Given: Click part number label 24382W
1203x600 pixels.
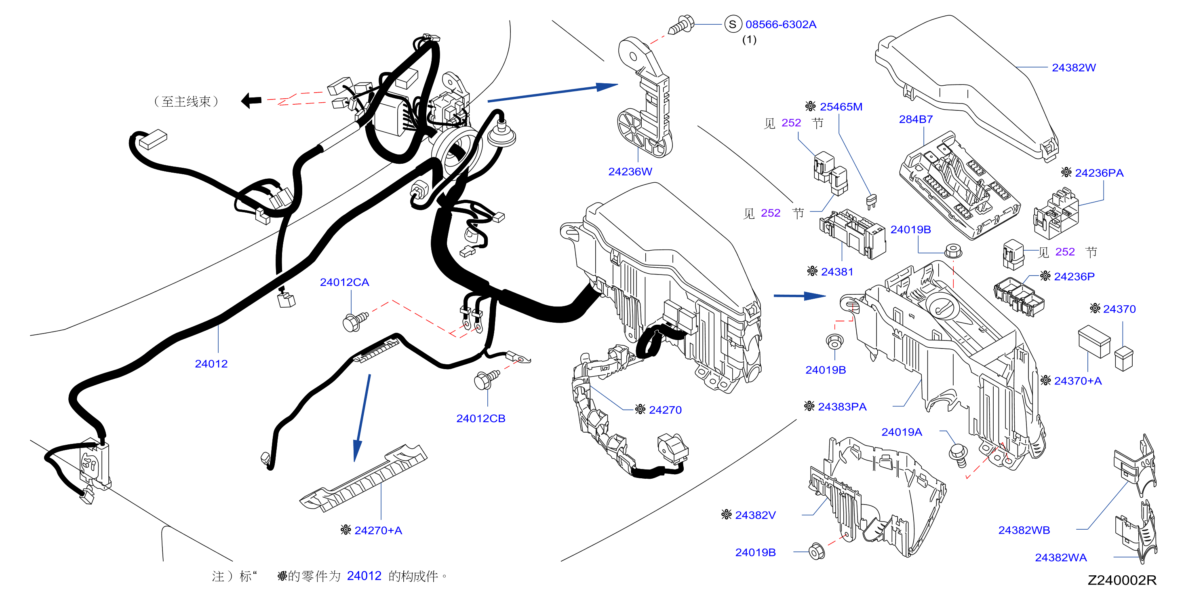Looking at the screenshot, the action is [1073, 68].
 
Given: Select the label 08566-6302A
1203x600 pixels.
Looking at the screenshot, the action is [780, 24].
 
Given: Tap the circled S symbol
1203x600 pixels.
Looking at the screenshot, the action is [732, 24].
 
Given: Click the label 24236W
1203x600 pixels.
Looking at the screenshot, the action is [630, 171].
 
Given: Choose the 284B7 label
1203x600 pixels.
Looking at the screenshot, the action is [915, 119].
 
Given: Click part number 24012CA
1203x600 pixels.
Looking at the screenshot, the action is [344, 282].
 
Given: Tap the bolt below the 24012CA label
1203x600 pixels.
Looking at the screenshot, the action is [355, 321].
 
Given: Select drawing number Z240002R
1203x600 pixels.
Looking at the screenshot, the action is [1122, 580].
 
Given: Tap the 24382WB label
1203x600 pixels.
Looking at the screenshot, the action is [1024, 530].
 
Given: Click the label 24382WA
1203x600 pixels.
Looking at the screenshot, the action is [1061, 558].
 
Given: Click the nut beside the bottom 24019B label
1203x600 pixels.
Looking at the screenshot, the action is [816, 551].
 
